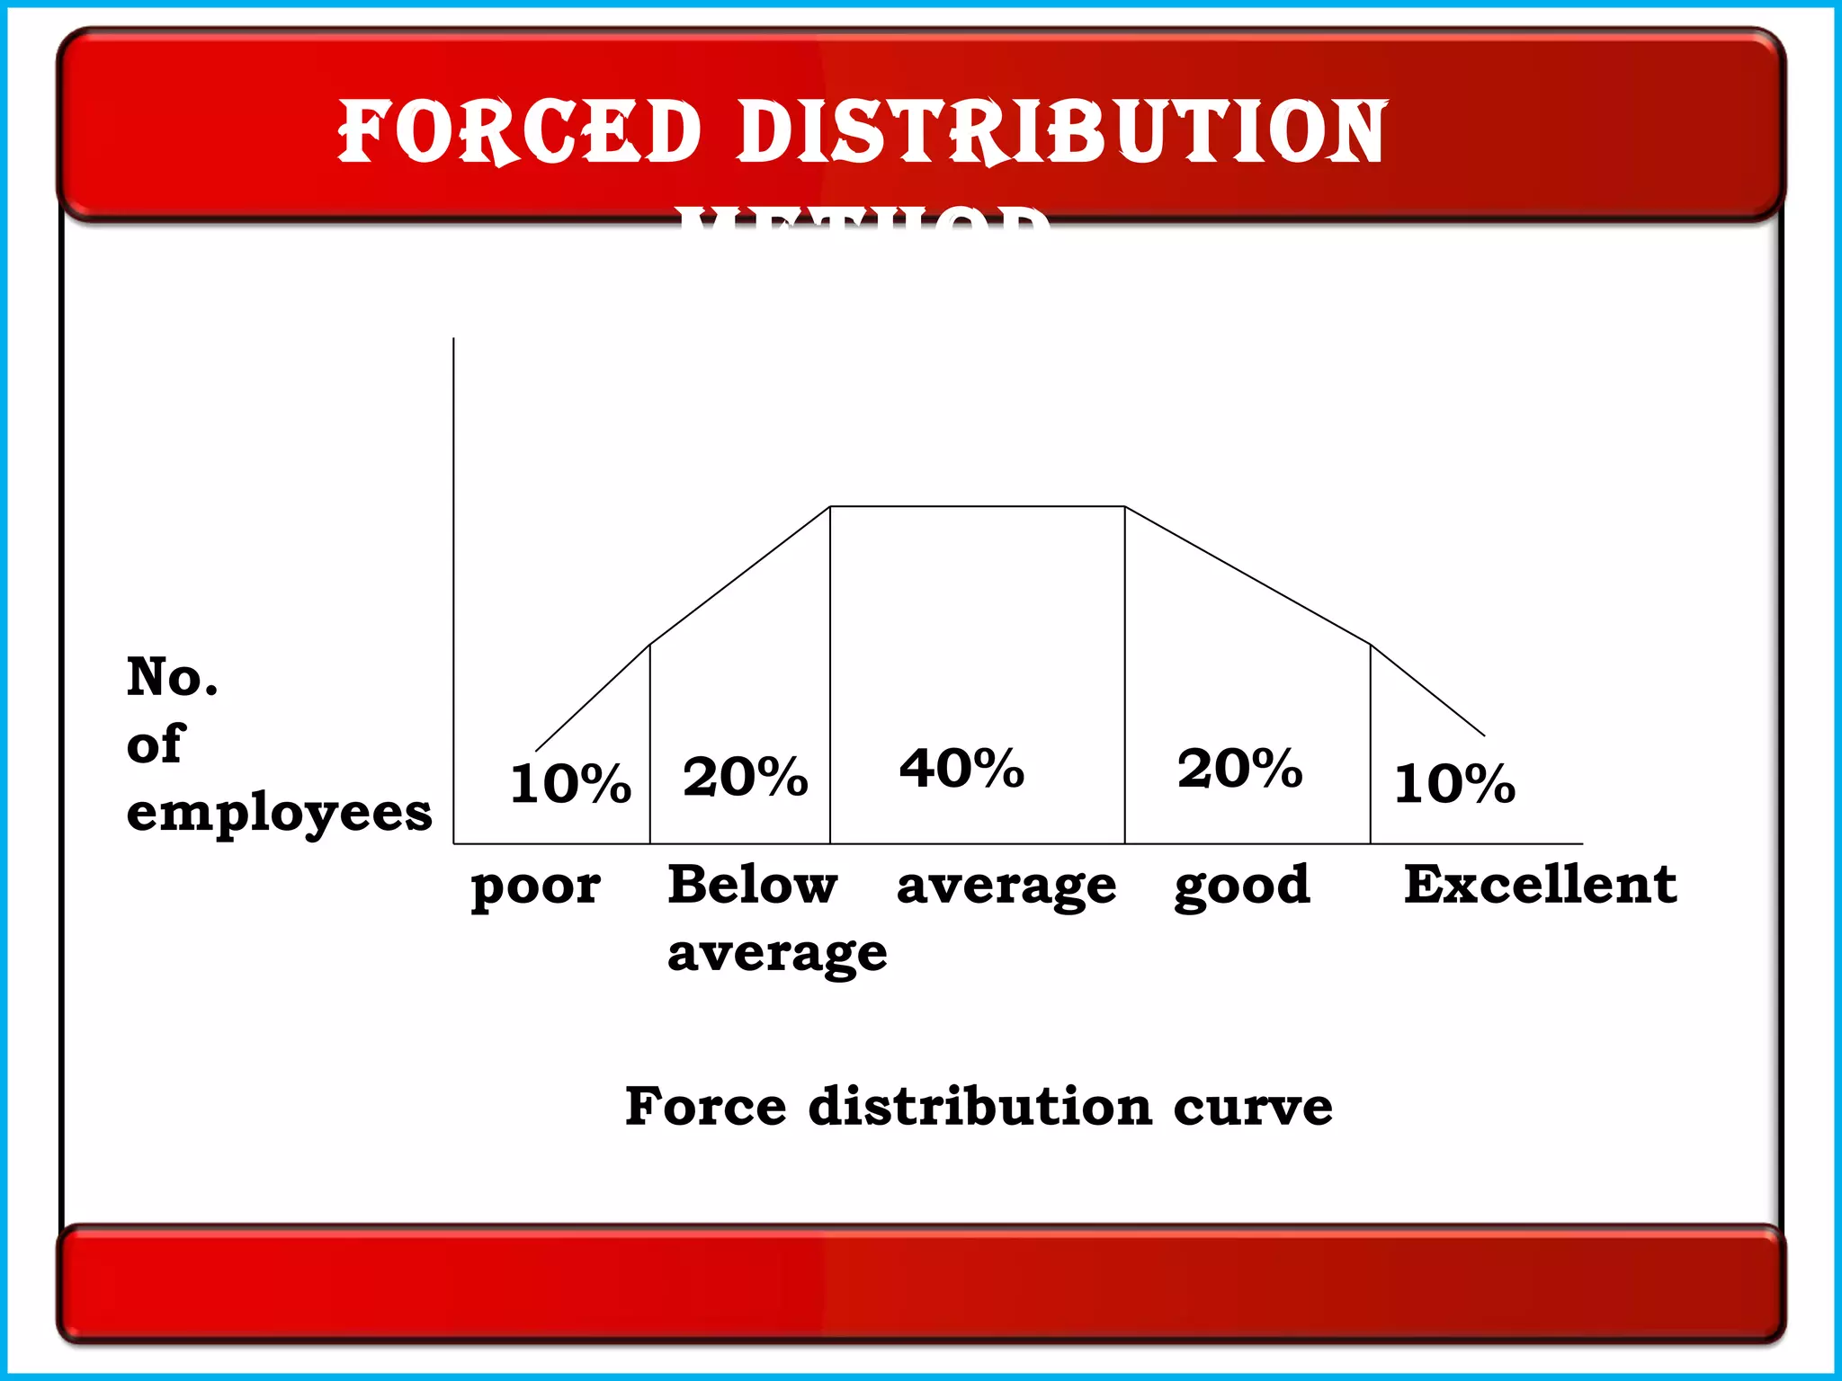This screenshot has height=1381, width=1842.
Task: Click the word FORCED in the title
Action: (x=519, y=132)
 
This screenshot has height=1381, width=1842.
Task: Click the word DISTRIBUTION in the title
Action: (x=1062, y=132)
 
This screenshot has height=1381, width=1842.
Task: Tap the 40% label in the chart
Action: (x=961, y=769)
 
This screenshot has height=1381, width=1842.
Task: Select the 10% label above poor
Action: (x=570, y=783)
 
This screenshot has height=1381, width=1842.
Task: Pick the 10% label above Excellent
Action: (x=1454, y=783)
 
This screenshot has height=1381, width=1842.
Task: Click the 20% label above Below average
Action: (x=745, y=777)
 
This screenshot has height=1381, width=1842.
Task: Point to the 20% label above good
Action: (x=1239, y=769)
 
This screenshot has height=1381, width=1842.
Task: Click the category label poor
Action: (x=535, y=887)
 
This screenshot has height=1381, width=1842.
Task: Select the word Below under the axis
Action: (x=752, y=885)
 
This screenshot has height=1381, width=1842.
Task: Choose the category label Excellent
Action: (x=1540, y=884)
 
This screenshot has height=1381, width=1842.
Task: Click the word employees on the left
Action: (x=279, y=815)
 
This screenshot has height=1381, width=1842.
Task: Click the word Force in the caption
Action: (x=705, y=1106)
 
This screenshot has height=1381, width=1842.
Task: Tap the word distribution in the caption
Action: (x=979, y=1106)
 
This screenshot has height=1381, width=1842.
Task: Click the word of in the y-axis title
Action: (x=155, y=744)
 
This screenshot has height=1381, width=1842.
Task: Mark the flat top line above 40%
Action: (x=977, y=507)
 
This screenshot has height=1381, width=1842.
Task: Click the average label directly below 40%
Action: (x=1006, y=887)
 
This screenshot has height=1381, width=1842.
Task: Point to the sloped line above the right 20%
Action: (x=1247, y=575)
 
